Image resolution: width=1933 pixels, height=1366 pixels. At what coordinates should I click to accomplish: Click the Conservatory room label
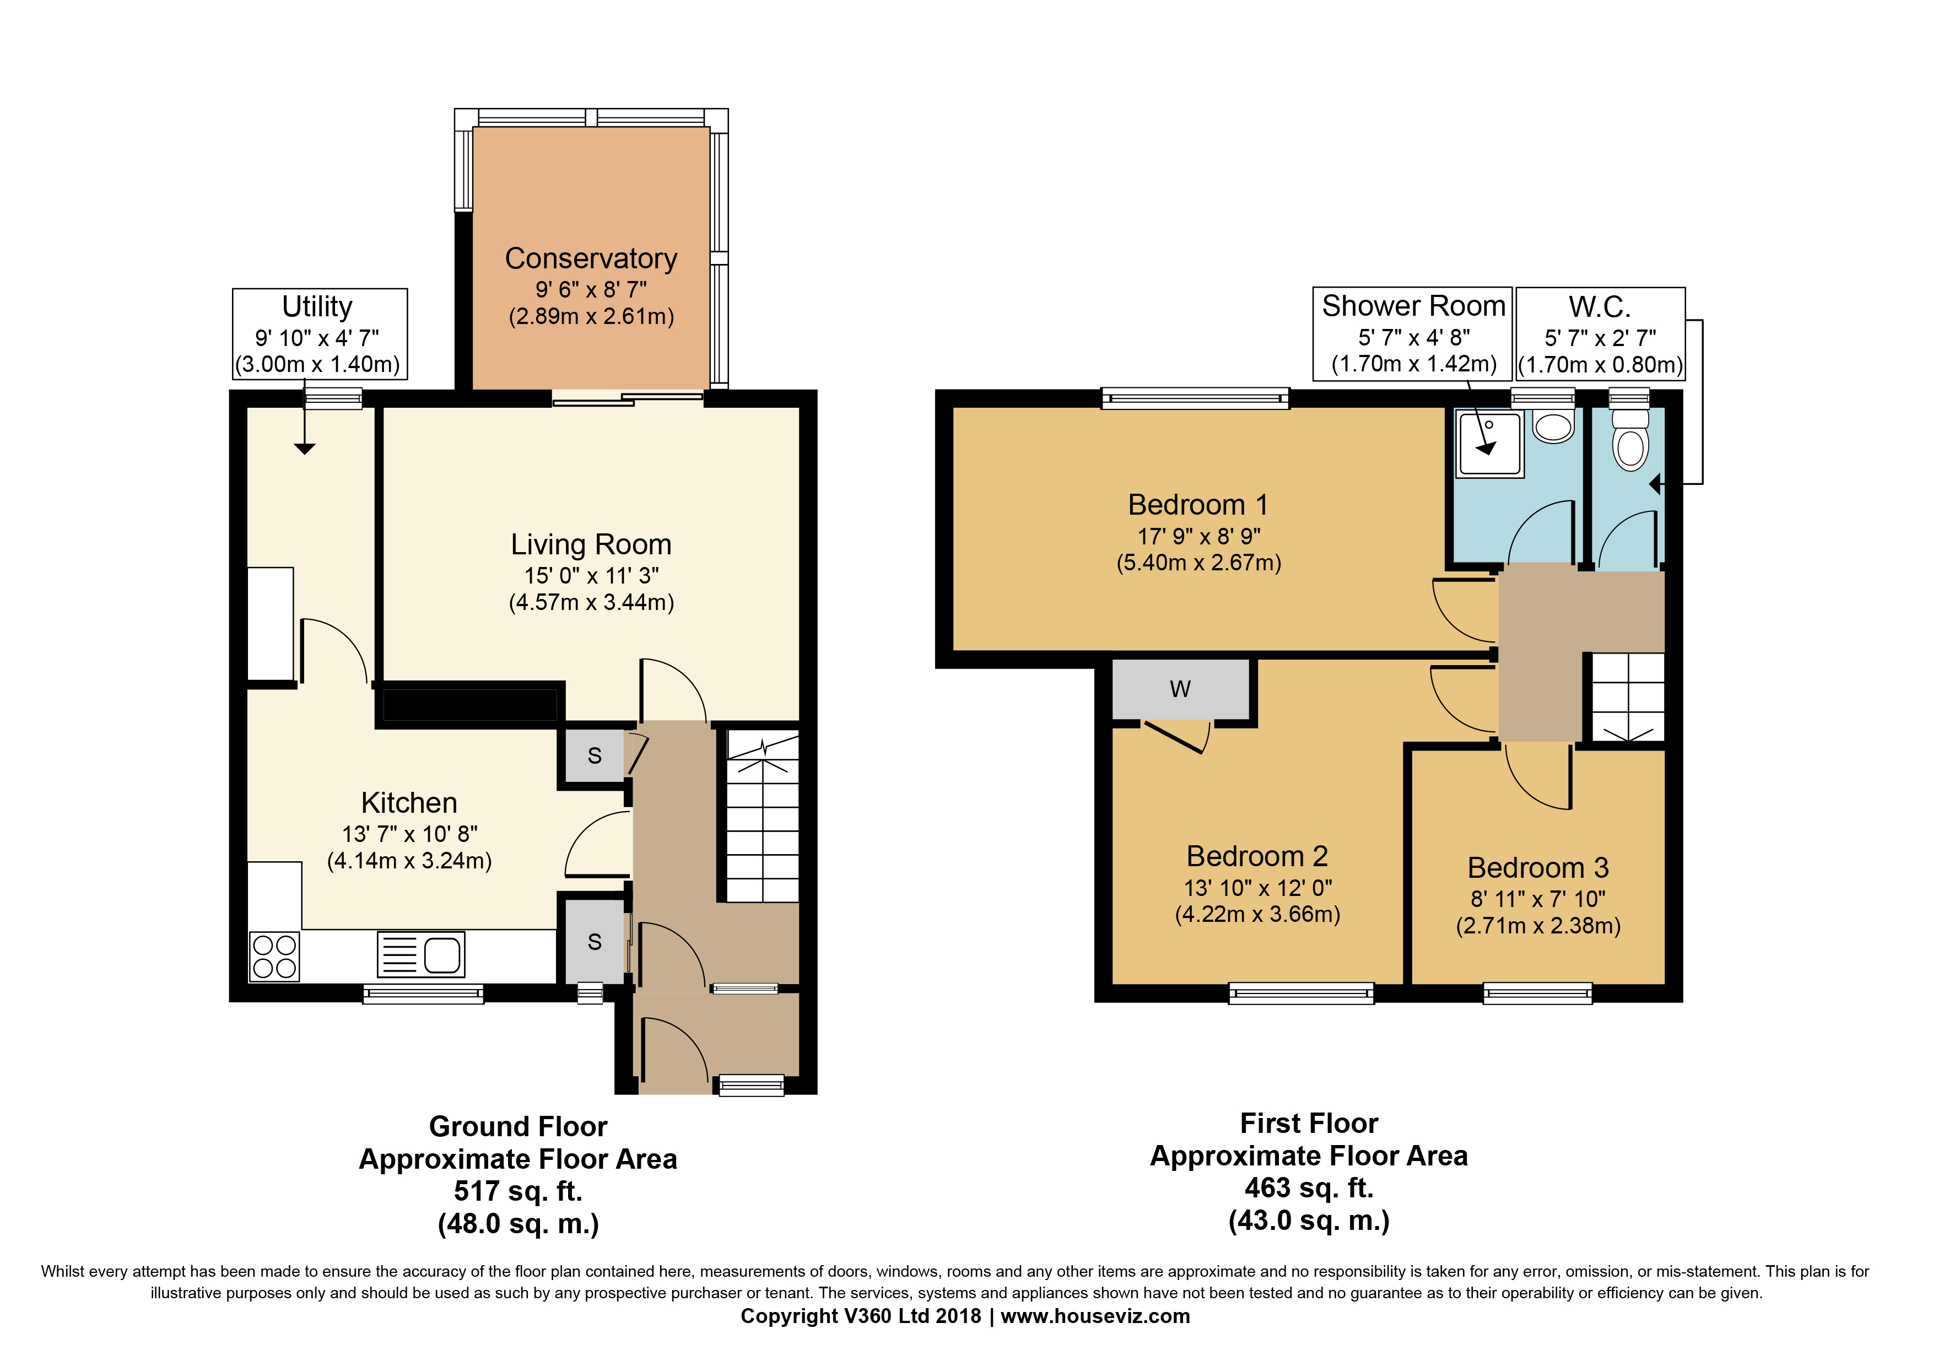click(x=591, y=258)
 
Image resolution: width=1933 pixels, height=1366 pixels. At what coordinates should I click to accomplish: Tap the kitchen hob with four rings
click(x=274, y=957)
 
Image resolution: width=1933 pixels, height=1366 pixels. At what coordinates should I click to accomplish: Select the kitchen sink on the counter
click(x=421, y=954)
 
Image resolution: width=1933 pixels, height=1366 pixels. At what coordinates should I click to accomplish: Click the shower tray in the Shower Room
click(x=1489, y=444)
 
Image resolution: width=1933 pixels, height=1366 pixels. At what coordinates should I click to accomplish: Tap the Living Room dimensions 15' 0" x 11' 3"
click(x=591, y=576)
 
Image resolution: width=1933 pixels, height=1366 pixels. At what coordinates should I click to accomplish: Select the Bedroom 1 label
click(x=1197, y=504)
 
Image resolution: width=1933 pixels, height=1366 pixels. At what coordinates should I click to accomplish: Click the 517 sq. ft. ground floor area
click(x=518, y=1191)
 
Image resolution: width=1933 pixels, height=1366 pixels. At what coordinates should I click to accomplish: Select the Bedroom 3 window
click(x=1537, y=993)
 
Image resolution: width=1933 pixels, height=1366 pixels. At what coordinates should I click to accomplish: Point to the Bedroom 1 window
click(x=1196, y=398)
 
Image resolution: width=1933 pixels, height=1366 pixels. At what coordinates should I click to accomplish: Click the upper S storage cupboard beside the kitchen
click(x=595, y=756)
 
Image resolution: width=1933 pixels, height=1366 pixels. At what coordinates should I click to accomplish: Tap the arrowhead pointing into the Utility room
click(x=305, y=449)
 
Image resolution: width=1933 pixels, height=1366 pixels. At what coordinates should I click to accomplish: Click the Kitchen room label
click(x=409, y=802)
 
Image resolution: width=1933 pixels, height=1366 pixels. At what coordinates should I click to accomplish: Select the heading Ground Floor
click(x=518, y=1126)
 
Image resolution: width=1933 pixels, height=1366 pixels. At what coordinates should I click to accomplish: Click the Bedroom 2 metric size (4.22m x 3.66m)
click(x=1257, y=914)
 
